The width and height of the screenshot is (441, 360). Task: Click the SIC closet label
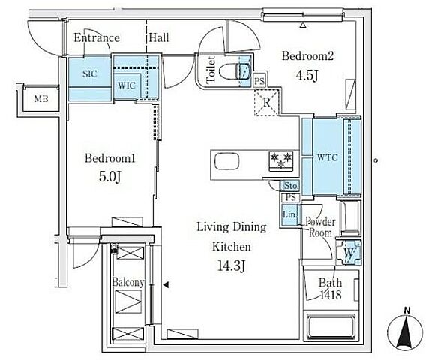(90, 74)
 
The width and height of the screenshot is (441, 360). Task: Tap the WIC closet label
(127, 85)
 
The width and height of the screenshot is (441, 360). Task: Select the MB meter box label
(41, 99)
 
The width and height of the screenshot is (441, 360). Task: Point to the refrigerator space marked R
(266, 102)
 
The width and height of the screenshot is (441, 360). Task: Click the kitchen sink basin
(226, 161)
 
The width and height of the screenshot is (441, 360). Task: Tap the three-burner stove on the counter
(281, 160)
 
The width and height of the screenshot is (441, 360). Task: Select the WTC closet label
(327, 157)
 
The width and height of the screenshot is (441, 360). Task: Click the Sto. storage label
(291, 186)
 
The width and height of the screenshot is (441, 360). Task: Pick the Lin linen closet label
(289, 214)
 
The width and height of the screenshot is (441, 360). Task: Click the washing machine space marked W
(349, 253)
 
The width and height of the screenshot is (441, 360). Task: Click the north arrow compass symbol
(405, 331)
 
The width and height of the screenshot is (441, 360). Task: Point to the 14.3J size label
(232, 265)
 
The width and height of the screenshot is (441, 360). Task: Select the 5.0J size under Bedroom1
(110, 177)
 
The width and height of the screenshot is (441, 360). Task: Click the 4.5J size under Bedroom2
(307, 75)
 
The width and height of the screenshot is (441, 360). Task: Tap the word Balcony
(128, 282)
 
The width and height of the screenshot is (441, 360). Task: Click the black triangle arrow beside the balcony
(166, 285)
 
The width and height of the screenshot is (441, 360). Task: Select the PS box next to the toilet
(259, 81)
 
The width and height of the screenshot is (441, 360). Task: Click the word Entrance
(97, 38)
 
